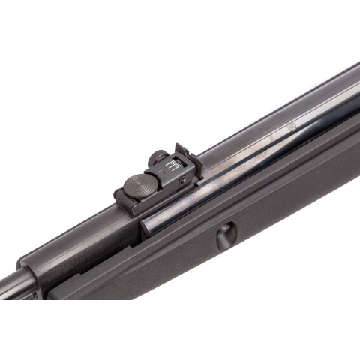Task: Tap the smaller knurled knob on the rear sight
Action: point(157,157)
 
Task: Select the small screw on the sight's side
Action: point(182,180)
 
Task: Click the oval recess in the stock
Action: point(226,236)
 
